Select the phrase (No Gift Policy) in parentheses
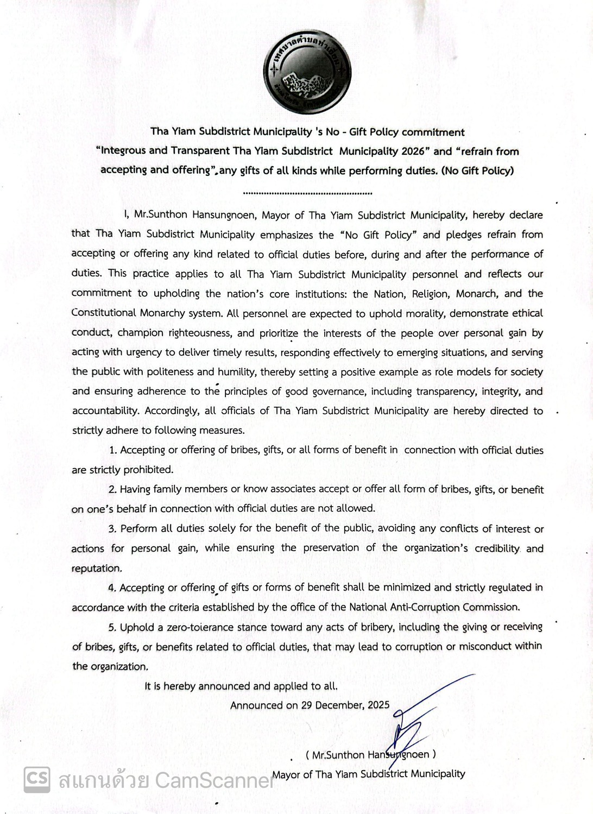tap(477, 171)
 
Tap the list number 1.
tap(113, 450)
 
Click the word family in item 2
tap(167, 489)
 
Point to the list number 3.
tap(112, 529)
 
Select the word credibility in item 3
tap(497, 548)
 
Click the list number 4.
tap(112, 588)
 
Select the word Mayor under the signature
tap(286, 774)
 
